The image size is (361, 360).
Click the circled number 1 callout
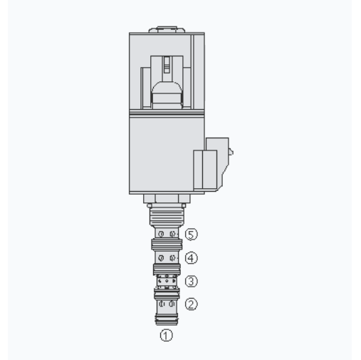coord(166,332)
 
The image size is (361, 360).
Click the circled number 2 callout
coord(191,304)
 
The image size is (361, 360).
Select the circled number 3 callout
coord(191,281)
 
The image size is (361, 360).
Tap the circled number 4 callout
coord(191,257)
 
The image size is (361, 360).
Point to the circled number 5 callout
coord(191,234)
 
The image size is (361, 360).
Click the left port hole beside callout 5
coord(162,234)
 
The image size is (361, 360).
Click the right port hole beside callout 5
coord(172,234)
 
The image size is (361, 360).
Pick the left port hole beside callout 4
coord(162,257)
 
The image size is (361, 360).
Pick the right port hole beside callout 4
coord(172,257)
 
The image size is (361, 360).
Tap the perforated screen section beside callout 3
coord(167,281)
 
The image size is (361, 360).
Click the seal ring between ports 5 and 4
coord(167,245)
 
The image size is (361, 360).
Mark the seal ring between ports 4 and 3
coord(167,268)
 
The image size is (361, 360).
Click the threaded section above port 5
coord(167,215)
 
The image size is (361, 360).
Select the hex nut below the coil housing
coord(167,199)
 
